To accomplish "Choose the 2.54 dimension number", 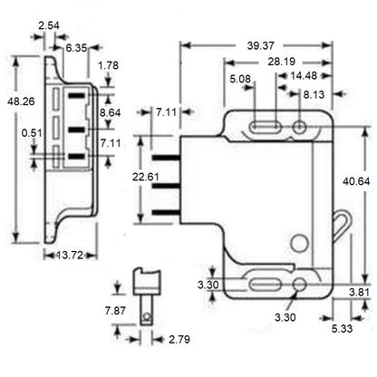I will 50,26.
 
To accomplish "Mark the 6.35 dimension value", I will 76,47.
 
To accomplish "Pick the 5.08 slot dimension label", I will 241,79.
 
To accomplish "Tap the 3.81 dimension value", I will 360,292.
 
